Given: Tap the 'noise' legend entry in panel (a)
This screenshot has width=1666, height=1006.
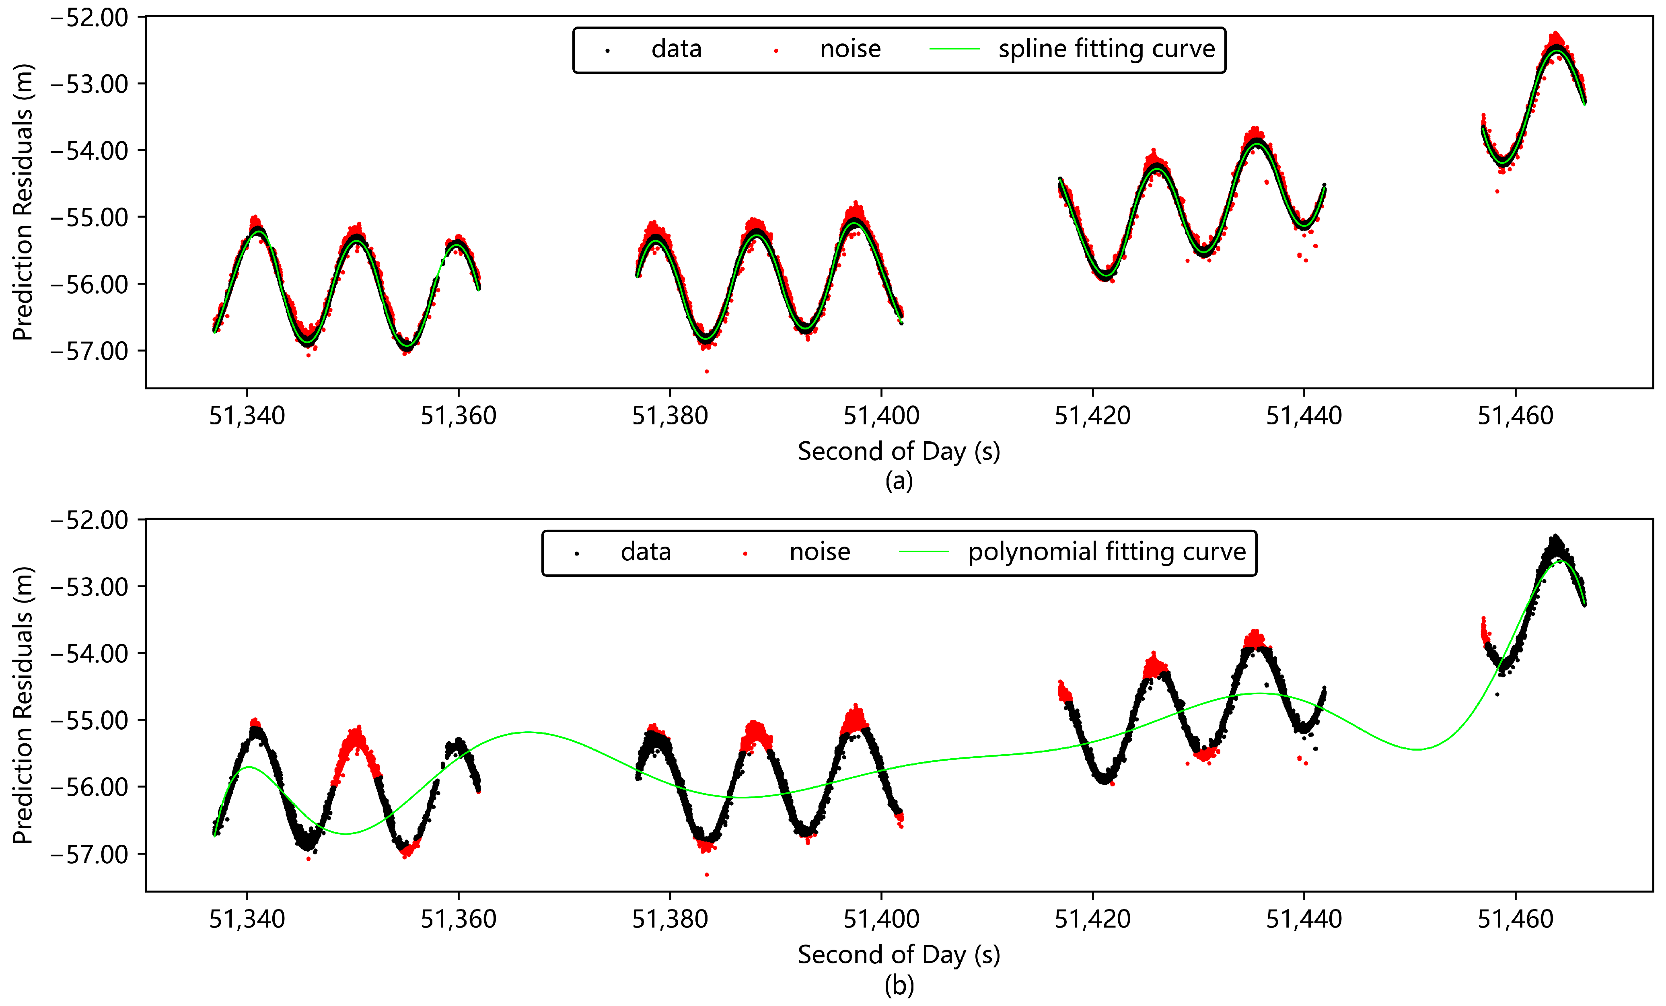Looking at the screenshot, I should [850, 49].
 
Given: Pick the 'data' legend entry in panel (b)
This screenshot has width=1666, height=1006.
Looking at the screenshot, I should [646, 552].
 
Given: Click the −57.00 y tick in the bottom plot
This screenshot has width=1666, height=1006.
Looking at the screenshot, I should [89, 854].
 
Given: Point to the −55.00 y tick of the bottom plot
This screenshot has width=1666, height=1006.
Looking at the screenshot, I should [89, 720].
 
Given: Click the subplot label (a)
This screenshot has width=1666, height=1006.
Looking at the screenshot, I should [899, 481].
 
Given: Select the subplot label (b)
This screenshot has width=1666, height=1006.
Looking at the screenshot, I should [899, 985].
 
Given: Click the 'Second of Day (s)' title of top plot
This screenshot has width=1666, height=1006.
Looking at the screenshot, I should [899, 451].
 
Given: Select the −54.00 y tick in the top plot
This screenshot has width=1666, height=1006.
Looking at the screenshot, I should [89, 150].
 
